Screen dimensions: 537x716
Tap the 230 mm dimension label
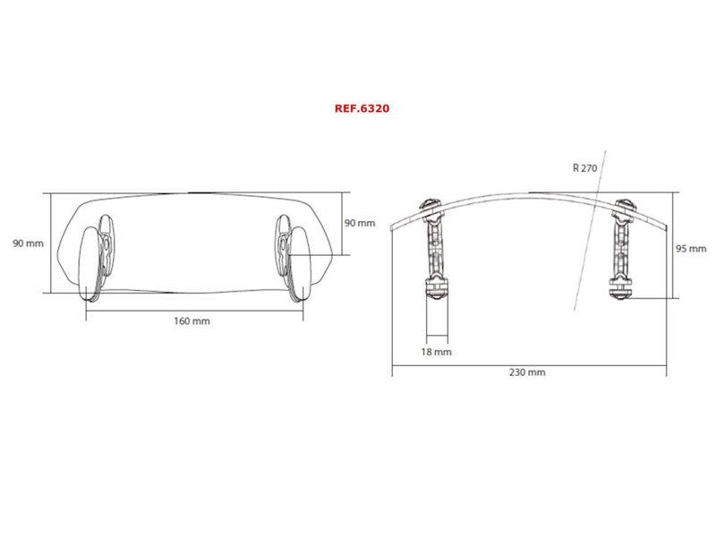click(528, 371)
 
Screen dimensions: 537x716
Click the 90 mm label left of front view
click(28, 243)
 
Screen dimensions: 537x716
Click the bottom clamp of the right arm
click(621, 288)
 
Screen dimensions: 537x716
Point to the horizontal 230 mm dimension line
click(528, 362)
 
